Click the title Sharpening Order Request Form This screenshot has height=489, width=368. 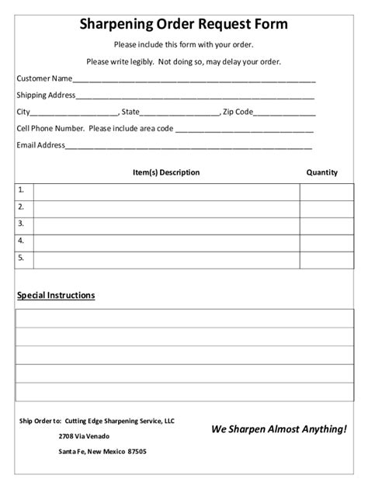click(x=184, y=24)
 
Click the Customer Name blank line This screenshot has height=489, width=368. click(x=194, y=79)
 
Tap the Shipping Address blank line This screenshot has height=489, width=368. click(x=195, y=96)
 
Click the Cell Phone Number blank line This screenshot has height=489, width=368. click(x=245, y=130)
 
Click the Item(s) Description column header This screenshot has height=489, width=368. click(x=166, y=172)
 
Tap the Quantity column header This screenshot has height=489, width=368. click(x=321, y=172)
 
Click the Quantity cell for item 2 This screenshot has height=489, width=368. click(x=326, y=208)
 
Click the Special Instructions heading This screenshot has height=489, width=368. click(x=56, y=296)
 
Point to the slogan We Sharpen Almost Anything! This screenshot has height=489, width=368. click(x=279, y=428)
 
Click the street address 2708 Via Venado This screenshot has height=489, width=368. click(x=78, y=436)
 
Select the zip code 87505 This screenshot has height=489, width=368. click(x=136, y=451)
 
